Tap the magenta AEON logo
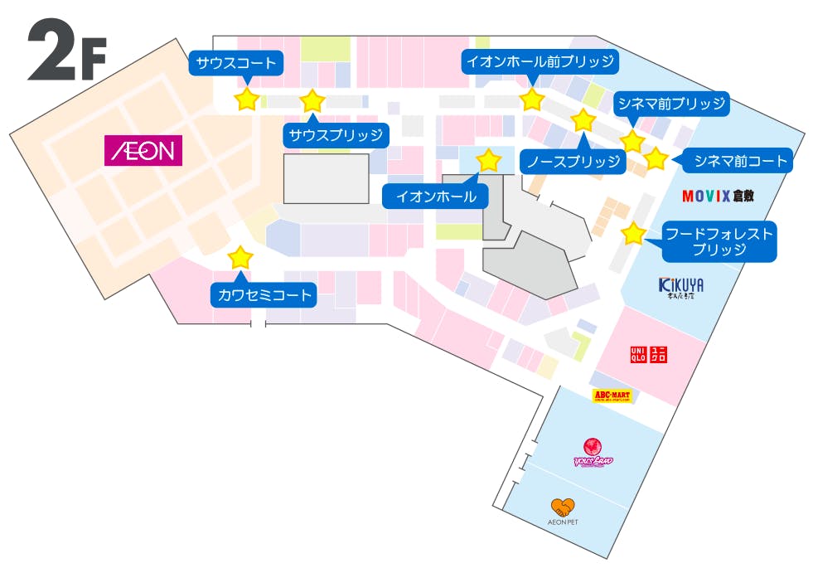pos(143,151)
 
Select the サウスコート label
pos(236,62)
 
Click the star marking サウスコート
pos(247,100)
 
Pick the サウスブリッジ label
pos(336,134)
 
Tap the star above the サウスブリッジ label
pos(312,101)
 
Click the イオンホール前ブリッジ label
pos(540,61)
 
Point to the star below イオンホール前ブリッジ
pos(531,100)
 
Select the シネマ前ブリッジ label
pos(671,104)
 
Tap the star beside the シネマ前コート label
pos(655,158)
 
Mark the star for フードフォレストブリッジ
pos(633,234)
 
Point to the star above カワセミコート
pos(240,257)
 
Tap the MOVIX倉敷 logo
pos(718,197)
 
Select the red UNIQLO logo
pos(649,355)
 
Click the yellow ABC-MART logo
pos(612,396)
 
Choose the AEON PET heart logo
pos(563,507)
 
